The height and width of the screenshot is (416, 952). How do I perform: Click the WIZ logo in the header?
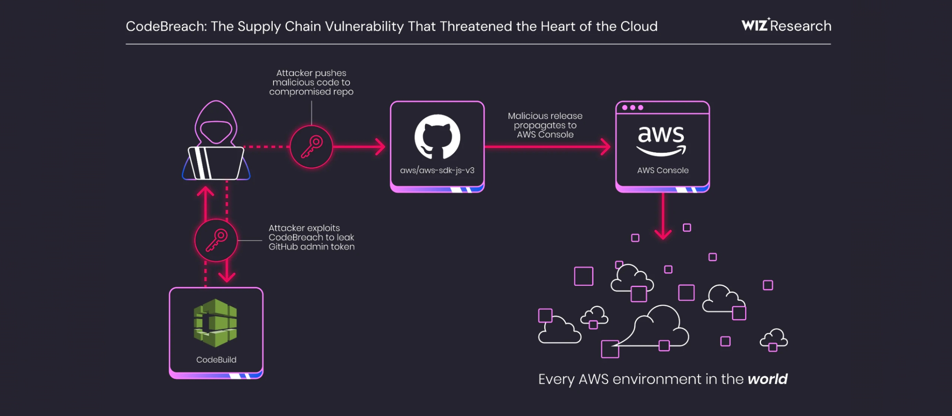[x=755, y=26]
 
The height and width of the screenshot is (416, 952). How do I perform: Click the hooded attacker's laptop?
[x=216, y=163]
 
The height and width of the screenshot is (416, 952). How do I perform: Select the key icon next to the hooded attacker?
[x=311, y=147]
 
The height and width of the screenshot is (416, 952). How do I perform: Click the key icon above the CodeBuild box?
[x=216, y=240]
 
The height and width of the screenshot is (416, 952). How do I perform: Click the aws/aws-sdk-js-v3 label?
[x=437, y=170]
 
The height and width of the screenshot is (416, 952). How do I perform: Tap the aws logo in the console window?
[x=661, y=140]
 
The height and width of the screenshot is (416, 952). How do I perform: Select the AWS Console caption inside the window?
[x=663, y=170]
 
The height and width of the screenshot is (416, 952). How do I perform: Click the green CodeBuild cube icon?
[x=216, y=323]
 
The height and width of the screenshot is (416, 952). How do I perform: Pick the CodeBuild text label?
[x=216, y=360]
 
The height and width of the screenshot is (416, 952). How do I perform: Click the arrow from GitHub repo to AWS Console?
[x=548, y=147]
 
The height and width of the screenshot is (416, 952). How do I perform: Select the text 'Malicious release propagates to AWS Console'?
[x=545, y=125]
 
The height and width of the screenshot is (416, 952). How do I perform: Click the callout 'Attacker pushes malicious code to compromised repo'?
[x=311, y=82]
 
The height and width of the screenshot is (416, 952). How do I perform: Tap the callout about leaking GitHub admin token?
[x=311, y=237]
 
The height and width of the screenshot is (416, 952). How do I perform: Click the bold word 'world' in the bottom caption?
[x=767, y=379]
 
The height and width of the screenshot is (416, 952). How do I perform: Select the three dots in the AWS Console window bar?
[x=632, y=107]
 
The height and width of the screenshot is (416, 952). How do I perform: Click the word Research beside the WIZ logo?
[x=801, y=26]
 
